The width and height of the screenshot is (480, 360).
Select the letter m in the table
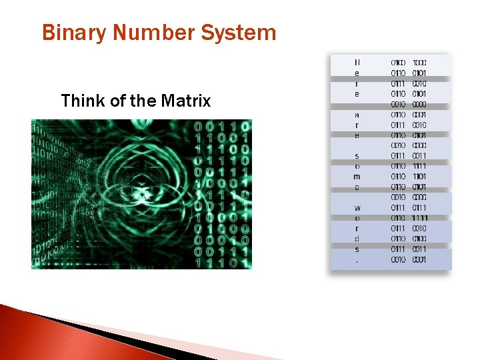point(357,177)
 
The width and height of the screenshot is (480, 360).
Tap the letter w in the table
point(357,208)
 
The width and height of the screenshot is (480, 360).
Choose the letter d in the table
point(357,239)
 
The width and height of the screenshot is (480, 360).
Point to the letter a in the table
point(357,115)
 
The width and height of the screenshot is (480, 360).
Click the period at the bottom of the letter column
point(357,259)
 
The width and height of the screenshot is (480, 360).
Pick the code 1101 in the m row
point(420,177)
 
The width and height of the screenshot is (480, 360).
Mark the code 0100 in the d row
point(420,239)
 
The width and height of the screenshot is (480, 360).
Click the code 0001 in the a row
point(420,115)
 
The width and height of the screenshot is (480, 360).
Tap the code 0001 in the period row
point(420,259)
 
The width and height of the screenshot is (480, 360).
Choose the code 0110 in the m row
point(398,177)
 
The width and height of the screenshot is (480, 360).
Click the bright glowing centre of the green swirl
point(142,195)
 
